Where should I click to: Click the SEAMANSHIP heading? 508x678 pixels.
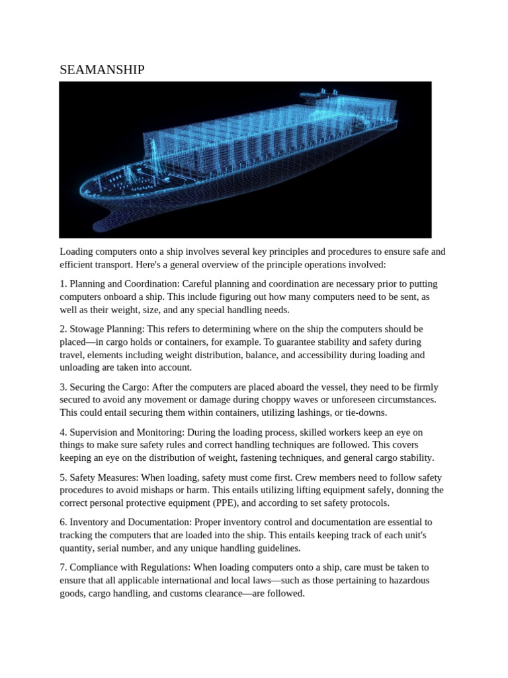tap(102, 70)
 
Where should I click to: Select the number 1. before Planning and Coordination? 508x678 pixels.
tap(63, 284)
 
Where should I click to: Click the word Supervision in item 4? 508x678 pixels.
tap(96, 432)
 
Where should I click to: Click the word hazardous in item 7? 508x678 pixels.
tap(407, 581)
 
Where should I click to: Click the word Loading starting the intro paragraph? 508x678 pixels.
tap(78, 252)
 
